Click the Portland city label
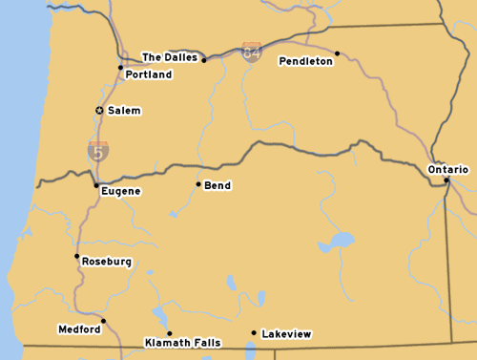click(148, 74)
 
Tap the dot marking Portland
click(120, 68)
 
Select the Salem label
click(124, 111)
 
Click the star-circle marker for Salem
click(99, 111)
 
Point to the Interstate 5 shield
click(97, 150)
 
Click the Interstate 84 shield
click(251, 52)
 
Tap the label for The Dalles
click(170, 57)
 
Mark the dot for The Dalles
click(203, 60)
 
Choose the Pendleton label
click(305, 61)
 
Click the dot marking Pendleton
click(337, 53)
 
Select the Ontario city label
click(447, 169)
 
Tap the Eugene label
click(120, 191)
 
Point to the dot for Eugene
click(95, 185)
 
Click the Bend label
click(218, 185)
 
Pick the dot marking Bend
click(198, 184)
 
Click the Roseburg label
click(106, 261)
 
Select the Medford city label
click(78, 329)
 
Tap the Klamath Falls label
click(181, 342)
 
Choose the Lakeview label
click(286, 334)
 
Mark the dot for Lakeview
click(253, 333)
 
